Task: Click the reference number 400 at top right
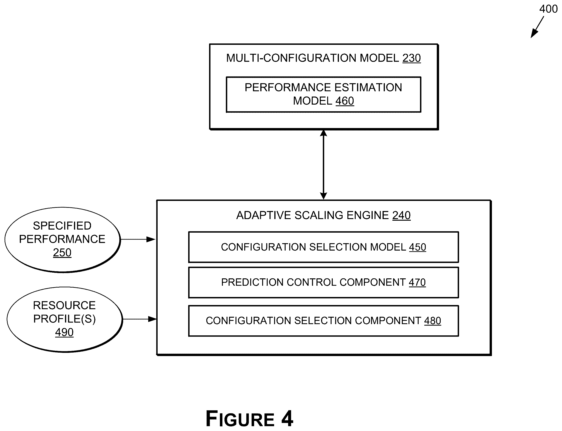click(x=548, y=9)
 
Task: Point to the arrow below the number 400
click(x=537, y=27)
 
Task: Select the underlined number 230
click(x=412, y=58)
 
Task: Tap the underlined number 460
click(x=345, y=101)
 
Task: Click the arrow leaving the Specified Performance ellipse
click(x=138, y=239)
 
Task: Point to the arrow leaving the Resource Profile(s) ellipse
click(x=140, y=319)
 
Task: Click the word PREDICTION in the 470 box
click(x=252, y=283)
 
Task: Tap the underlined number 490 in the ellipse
click(x=64, y=332)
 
